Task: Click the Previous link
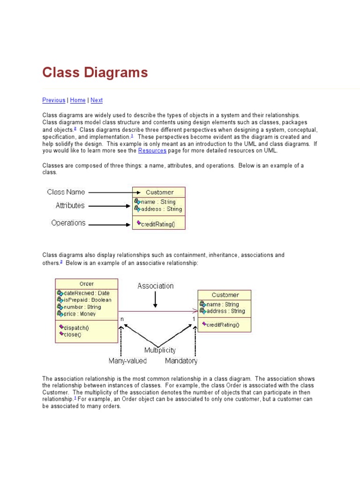point(53,100)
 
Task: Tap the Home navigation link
point(78,100)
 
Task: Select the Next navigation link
point(97,100)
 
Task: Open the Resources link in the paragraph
point(152,150)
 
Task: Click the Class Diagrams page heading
point(95,73)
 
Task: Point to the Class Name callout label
point(66,192)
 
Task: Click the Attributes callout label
point(70,205)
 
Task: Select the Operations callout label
point(68,223)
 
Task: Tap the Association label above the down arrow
point(155,286)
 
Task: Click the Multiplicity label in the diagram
point(160,350)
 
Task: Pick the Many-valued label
point(127,361)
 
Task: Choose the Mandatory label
point(181,361)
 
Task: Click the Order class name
point(87,284)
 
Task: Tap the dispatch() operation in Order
point(76,328)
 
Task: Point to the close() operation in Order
point(73,334)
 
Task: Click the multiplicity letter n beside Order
point(122,319)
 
